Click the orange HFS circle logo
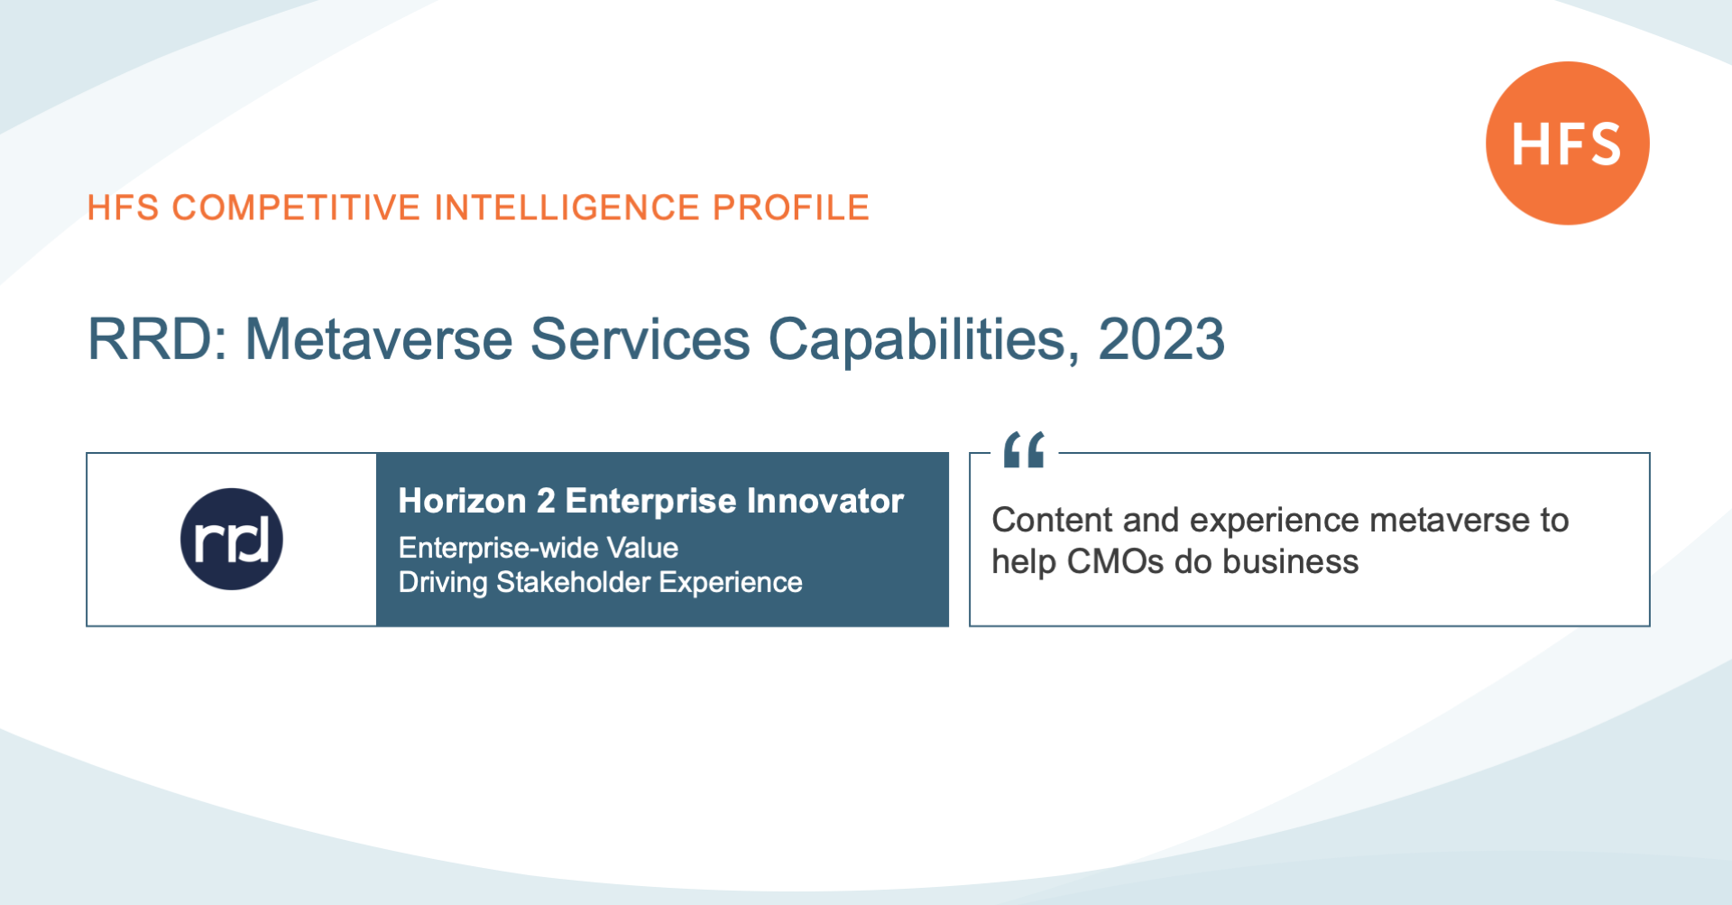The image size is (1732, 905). pyautogui.click(x=1567, y=143)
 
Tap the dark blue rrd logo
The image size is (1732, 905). pyautogui.click(x=232, y=540)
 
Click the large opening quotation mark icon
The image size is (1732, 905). pyautogui.click(x=1024, y=449)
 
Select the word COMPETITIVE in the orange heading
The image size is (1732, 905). pyautogui.click(x=296, y=208)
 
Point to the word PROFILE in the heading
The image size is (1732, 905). pyautogui.click(x=791, y=208)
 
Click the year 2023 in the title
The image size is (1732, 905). pyautogui.click(x=1161, y=339)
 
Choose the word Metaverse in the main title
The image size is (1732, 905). pyautogui.click(x=379, y=339)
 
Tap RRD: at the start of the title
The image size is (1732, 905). pyautogui.click(x=158, y=339)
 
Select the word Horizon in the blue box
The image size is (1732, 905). pyautogui.click(x=462, y=501)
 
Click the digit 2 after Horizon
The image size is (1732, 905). pyautogui.click(x=546, y=501)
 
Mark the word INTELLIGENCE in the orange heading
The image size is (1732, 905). pyautogui.click(x=567, y=208)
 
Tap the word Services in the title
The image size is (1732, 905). pyautogui.click(x=640, y=339)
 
